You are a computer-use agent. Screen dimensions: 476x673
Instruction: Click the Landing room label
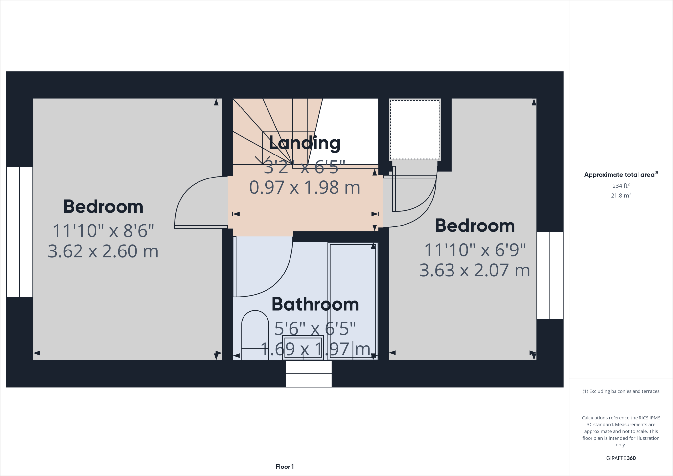(304, 143)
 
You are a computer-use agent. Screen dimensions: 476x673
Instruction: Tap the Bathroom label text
(315, 304)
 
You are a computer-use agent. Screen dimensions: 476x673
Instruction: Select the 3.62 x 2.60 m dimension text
(103, 251)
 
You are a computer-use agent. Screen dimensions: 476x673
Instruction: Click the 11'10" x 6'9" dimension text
(475, 250)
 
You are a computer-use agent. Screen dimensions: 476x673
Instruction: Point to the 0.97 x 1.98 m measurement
(304, 187)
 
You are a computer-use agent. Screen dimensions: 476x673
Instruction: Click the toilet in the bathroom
(255, 335)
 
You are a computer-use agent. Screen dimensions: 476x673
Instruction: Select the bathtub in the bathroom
(353, 301)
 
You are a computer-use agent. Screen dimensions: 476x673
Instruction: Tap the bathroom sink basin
(303, 347)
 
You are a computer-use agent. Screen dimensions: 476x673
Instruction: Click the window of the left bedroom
(19, 232)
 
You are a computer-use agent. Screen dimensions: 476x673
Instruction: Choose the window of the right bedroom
(550, 275)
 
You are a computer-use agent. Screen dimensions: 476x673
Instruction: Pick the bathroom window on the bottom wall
(309, 374)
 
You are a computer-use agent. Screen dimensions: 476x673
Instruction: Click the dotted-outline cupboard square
(415, 130)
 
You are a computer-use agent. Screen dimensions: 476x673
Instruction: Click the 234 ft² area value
(620, 186)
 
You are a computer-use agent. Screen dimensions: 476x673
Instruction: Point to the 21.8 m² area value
(620, 195)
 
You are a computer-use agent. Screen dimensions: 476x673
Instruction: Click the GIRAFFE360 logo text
(620, 458)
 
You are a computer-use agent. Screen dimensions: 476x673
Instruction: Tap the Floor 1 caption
(285, 467)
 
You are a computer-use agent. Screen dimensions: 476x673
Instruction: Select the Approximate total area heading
(620, 175)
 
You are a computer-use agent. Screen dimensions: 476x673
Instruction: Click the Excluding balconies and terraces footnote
(620, 391)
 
